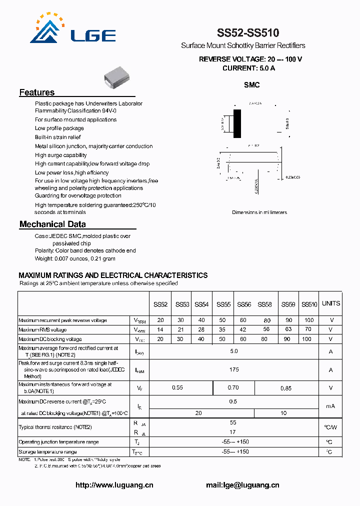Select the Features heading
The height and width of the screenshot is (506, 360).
click(x=37, y=92)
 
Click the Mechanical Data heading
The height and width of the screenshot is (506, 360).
click(x=52, y=224)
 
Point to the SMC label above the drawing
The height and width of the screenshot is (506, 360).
click(x=251, y=85)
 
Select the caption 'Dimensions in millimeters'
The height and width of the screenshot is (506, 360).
click(x=259, y=212)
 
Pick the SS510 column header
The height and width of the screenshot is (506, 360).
click(x=309, y=304)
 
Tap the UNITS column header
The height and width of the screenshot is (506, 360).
click(x=330, y=303)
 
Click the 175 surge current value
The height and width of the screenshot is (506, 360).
click(x=234, y=369)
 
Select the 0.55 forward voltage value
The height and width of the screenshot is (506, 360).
click(x=177, y=387)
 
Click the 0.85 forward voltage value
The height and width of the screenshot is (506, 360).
click(x=286, y=387)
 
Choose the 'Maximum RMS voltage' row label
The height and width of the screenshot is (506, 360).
click(x=42, y=329)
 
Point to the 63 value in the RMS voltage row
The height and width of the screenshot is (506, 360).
click(x=288, y=329)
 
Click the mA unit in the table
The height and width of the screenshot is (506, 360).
click(x=330, y=406)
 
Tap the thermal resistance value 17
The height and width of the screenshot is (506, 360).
click(x=233, y=431)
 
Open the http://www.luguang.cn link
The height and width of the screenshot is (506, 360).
click(x=114, y=485)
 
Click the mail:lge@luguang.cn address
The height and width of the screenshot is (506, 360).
click(x=242, y=485)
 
